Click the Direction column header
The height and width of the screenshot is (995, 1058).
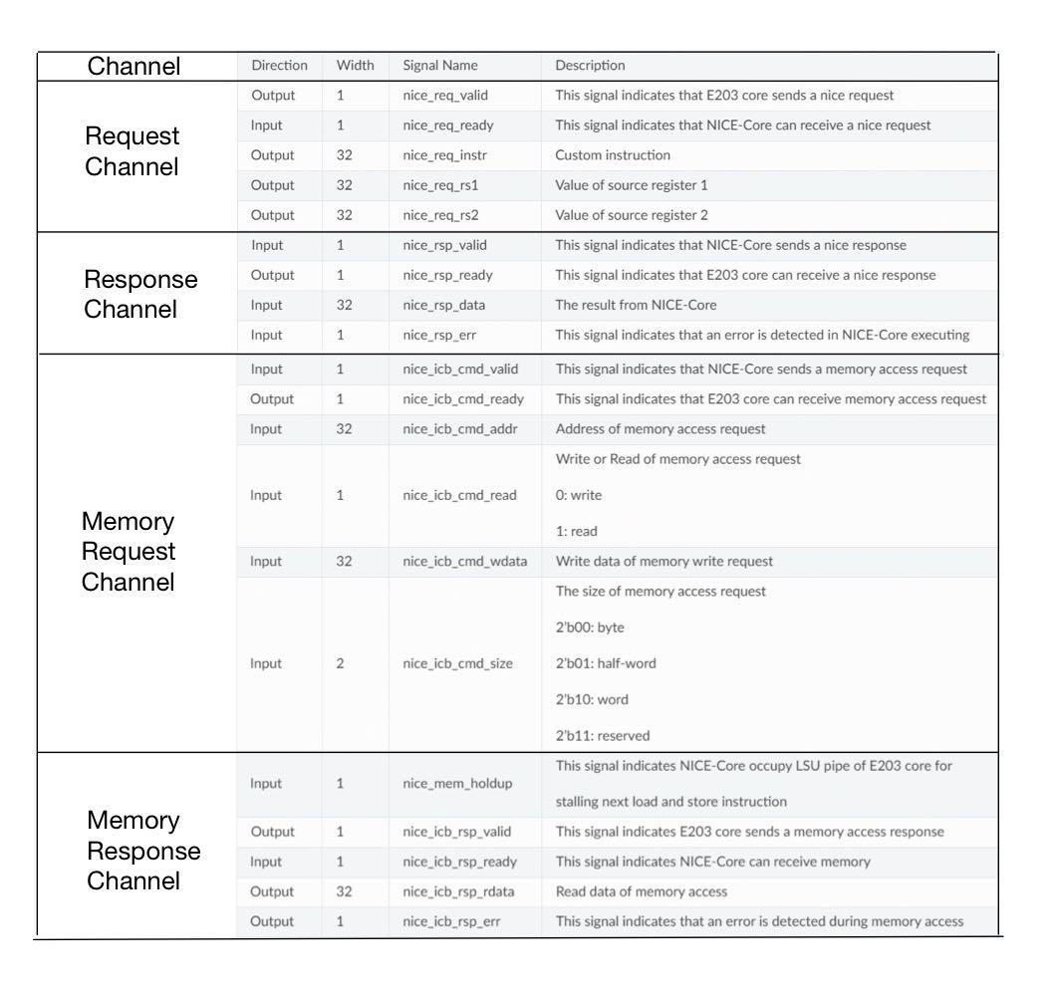(x=279, y=66)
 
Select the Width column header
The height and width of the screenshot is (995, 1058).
(x=356, y=66)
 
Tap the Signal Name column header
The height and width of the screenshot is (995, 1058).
(x=440, y=66)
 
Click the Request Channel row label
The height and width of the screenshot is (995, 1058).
(x=132, y=151)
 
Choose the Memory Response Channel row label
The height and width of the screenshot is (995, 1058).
(x=143, y=851)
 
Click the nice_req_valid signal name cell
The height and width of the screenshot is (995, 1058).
(x=445, y=96)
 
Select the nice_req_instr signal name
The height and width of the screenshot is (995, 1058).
(x=444, y=155)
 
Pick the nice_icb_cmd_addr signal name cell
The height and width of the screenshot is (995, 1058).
(x=459, y=429)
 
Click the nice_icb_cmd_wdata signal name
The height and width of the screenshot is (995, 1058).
(x=465, y=562)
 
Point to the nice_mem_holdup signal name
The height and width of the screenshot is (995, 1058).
(x=457, y=784)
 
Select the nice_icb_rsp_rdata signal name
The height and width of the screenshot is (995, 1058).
(x=458, y=891)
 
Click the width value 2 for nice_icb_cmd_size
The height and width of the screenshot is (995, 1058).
(x=341, y=663)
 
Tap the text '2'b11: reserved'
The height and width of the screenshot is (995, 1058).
(x=603, y=736)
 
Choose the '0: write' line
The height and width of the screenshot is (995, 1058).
(x=579, y=495)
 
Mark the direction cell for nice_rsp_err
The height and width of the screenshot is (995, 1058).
(x=267, y=335)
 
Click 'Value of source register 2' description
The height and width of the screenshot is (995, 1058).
(x=632, y=215)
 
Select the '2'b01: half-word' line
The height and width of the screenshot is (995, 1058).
(x=606, y=663)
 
